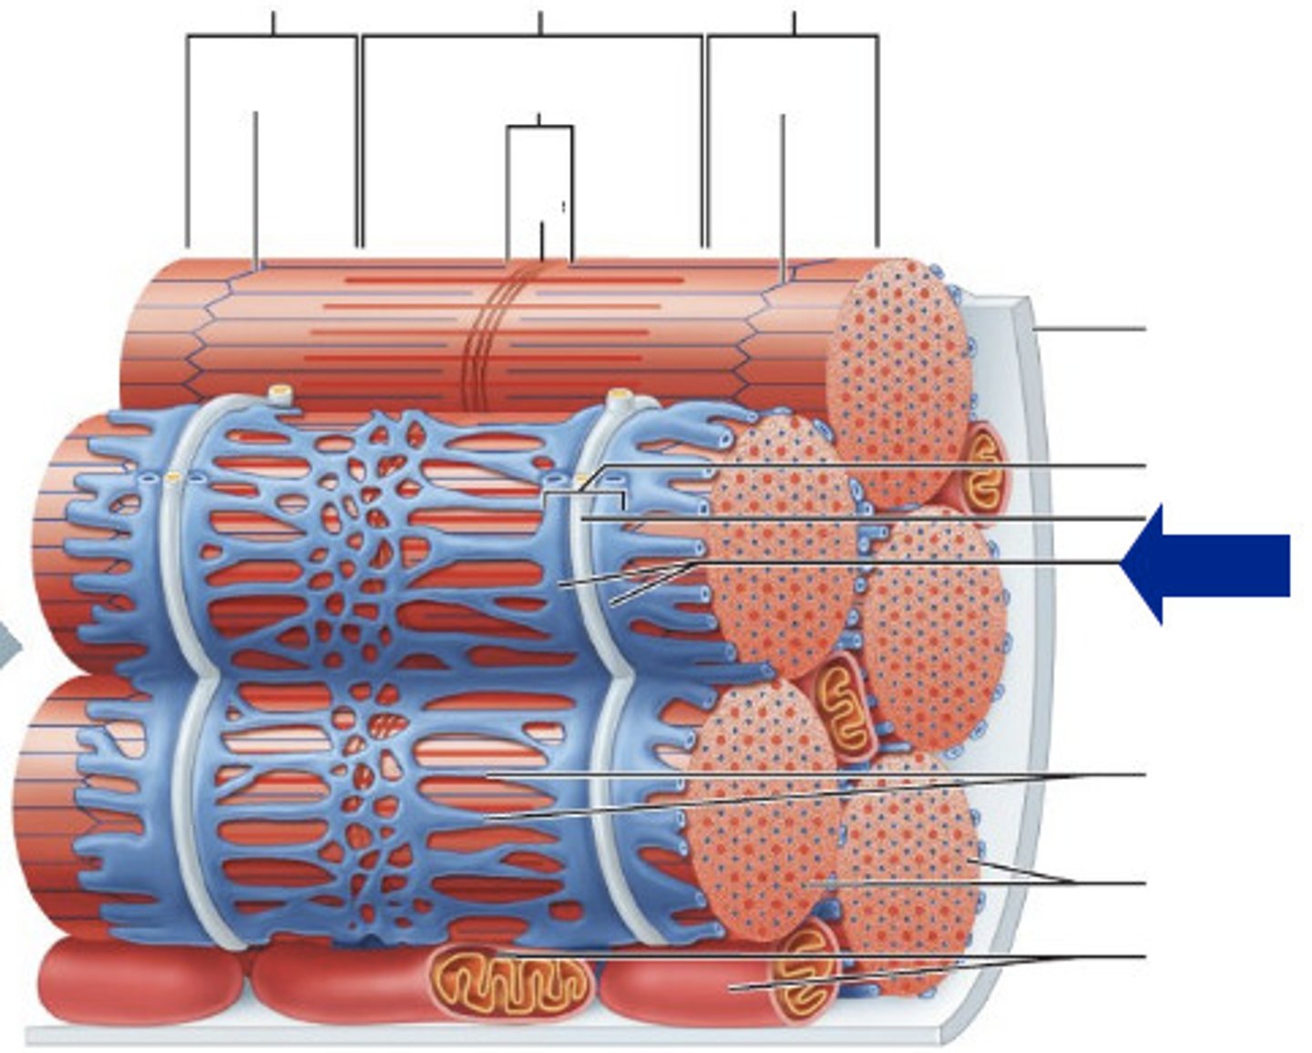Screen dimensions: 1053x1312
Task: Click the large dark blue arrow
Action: coord(1212,565)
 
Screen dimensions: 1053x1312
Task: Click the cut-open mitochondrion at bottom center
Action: coord(510,982)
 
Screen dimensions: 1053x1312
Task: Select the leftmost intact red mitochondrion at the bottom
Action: coord(137,982)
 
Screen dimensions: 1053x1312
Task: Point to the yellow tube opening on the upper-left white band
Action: coord(280,394)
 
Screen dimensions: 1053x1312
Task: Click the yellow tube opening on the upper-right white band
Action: coord(621,396)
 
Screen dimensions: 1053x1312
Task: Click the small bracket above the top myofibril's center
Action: coord(539,128)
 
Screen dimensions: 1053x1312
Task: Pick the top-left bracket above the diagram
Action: coord(272,36)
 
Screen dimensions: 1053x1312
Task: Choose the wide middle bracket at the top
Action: coord(533,36)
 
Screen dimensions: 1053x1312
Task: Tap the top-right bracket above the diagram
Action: coord(793,36)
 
